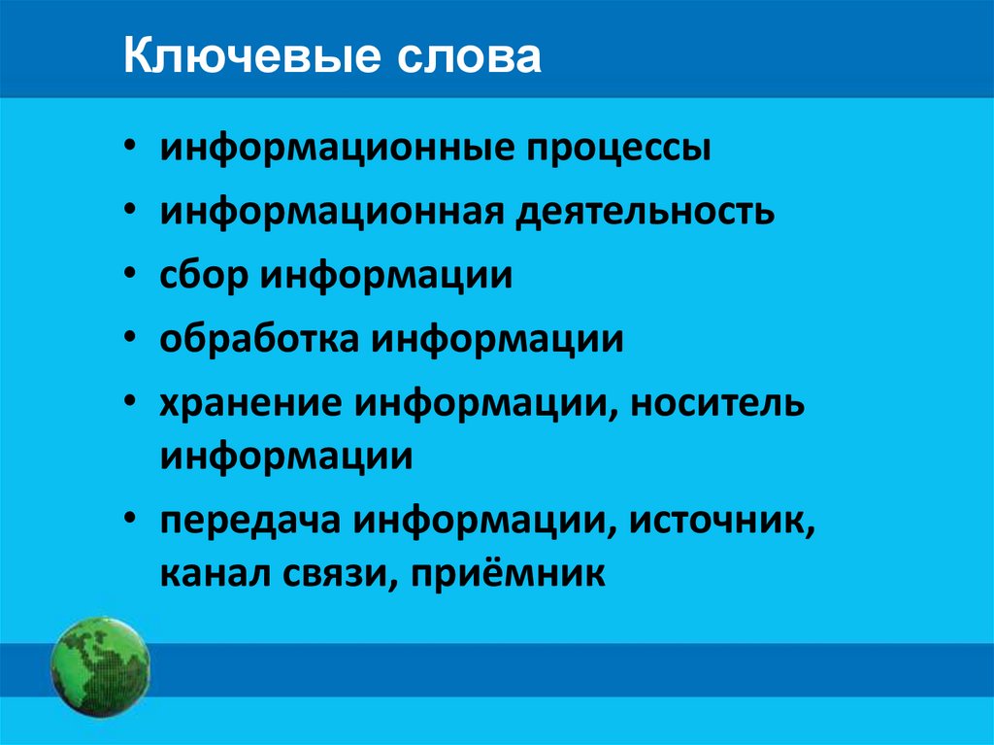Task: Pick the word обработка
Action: coord(255,340)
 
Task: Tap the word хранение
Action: coord(250,403)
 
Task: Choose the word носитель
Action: coord(718,403)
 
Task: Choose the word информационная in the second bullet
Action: coord(331,213)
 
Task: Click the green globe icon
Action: coord(101,667)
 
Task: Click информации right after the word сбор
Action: coord(384,276)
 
